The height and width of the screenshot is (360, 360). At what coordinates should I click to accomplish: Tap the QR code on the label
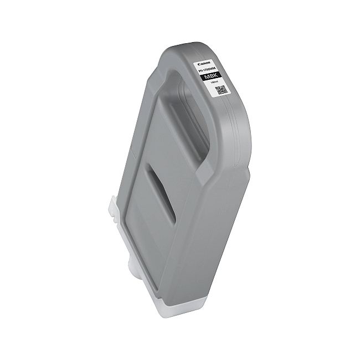[222, 90]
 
